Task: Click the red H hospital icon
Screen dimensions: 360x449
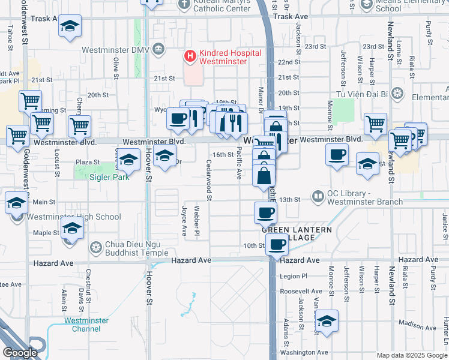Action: pyautogui.click(x=190, y=57)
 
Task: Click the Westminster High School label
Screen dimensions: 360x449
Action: pyautogui.click(x=76, y=217)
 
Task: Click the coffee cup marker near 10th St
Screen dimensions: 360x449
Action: pyautogui.click(x=277, y=245)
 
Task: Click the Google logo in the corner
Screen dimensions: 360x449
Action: pyautogui.click(x=20, y=352)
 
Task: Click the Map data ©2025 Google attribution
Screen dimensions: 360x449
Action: pyautogui.click(x=412, y=355)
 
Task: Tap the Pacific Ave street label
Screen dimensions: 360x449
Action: pyautogui.click(x=239, y=164)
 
